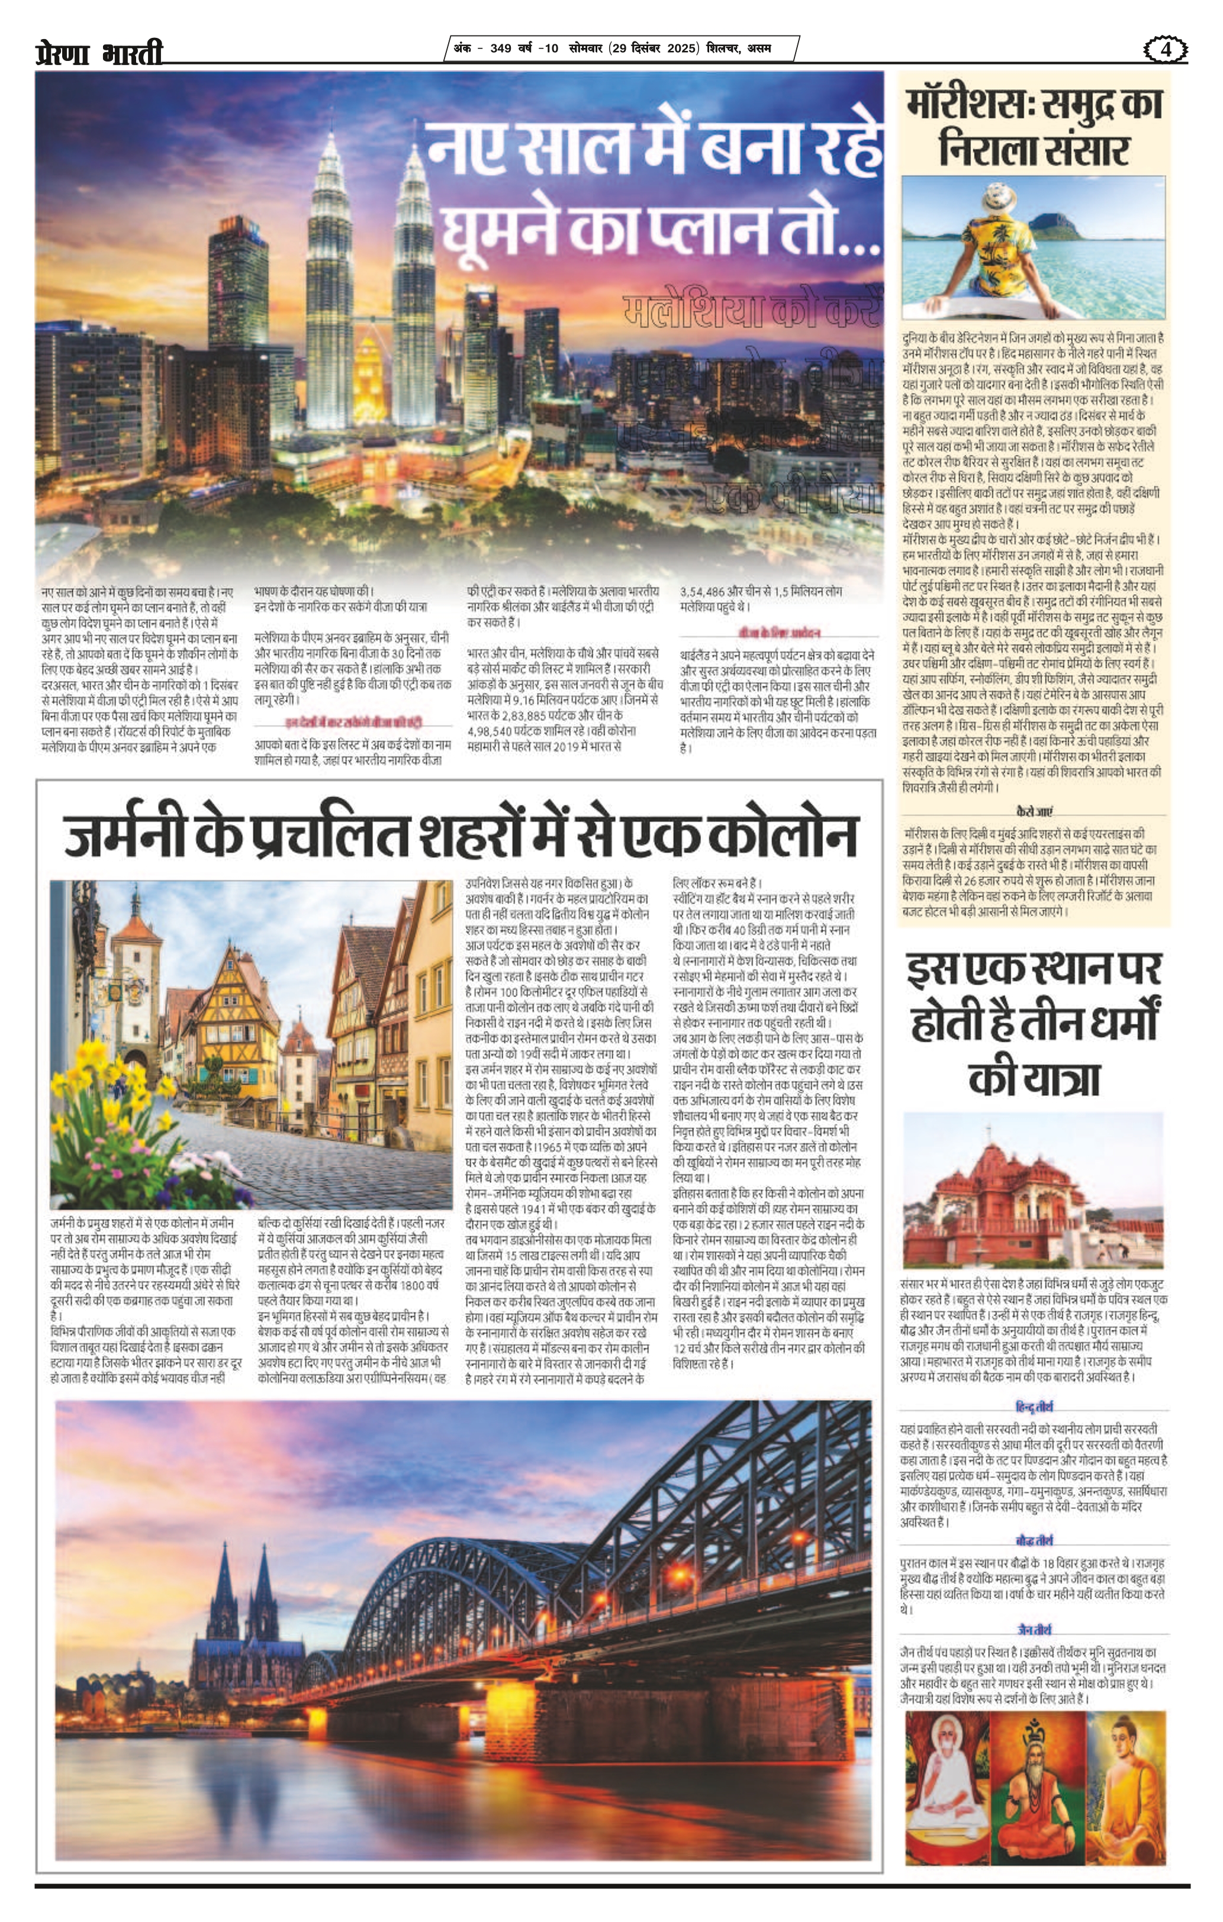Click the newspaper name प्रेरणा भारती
pyautogui.click(x=99, y=53)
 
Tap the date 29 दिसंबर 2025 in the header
pyautogui.click(x=655, y=48)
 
